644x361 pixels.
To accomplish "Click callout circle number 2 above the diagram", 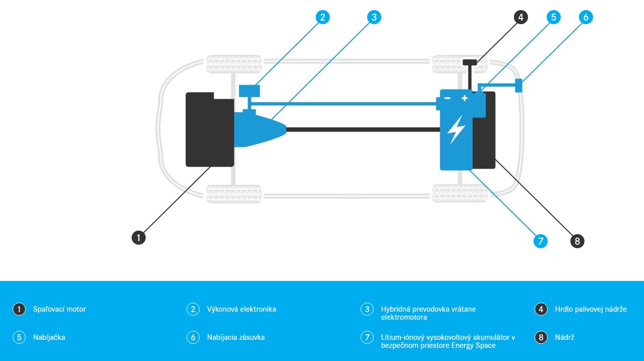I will pos(323,17).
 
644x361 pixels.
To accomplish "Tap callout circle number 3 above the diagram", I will pos(374,17).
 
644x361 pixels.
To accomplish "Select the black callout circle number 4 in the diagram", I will pos(521,17).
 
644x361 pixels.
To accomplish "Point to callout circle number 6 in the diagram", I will pos(586,17).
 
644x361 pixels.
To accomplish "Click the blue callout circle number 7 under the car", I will pos(540,241).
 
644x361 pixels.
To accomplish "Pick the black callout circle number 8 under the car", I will pos(577,241).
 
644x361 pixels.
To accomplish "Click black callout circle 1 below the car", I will pos(139,237).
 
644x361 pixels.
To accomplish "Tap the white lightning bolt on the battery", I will pos(456,129).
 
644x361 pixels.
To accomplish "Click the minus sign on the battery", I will pos(447,98).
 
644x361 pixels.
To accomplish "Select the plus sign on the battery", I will pos(464,98).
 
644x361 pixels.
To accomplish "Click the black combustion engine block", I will pos(209,130).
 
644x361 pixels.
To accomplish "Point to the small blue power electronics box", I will pos(249,91).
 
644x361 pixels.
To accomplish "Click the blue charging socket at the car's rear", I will pos(518,85).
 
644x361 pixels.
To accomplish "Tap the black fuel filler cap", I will pos(470,62).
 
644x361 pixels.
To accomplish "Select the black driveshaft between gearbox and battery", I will pos(363,129).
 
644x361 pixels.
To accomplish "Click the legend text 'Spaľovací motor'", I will pos(60,309).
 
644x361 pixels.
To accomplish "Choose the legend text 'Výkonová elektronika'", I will pos(242,309).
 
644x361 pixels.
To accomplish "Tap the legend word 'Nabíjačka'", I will pos(49,337).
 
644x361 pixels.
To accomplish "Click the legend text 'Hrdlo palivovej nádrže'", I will pos(591,309).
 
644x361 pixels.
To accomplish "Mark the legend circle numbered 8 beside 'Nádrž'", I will pos(541,337).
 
